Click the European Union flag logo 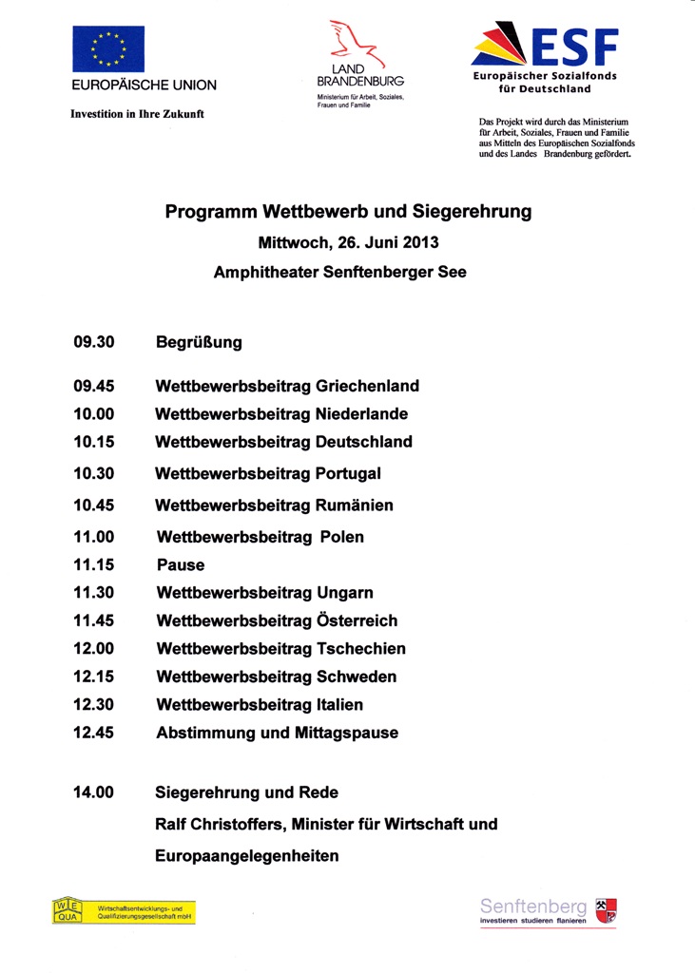coord(109,49)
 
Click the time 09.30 coord(93,342)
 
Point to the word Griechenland coord(367,387)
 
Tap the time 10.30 coord(93,473)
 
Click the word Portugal coord(348,473)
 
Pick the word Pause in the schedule coord(181,565)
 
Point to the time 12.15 coord(93,677)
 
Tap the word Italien coord(339,705)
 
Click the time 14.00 coord(93,792)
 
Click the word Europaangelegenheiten coord(247,856)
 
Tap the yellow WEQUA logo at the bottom coord(124,911)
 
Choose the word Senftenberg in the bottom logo coord(532,907)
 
